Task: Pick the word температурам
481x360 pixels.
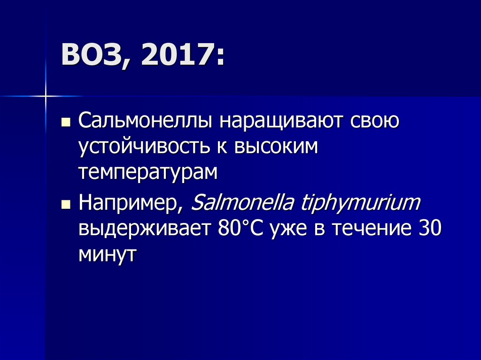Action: [148, 173]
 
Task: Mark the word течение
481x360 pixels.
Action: [371, 230]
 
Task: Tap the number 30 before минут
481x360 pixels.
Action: [428, 230]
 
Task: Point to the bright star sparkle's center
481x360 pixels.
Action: [46, 96]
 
